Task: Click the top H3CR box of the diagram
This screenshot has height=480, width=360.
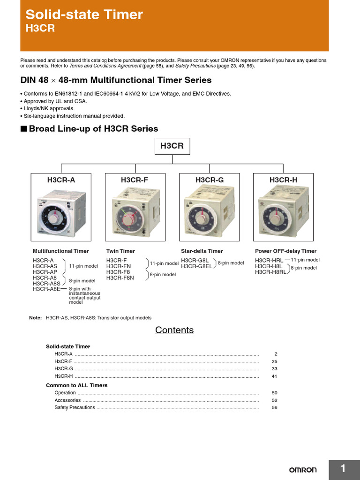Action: pos(172,146)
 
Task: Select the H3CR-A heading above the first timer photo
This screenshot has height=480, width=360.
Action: pos(61,180)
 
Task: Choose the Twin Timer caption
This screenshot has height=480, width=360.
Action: pos(120,251)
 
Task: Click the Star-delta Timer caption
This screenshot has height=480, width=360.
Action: pos(202,251)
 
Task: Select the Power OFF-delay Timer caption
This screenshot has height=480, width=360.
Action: pos(285,251)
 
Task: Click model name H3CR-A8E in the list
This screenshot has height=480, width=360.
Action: pos(46,289)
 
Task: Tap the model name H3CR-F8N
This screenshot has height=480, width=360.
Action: pos(120,278)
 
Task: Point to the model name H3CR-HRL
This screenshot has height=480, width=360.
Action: pos(269,260)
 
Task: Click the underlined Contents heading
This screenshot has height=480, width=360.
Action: pos(174,330)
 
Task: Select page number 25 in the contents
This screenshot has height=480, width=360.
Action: pos(274,361)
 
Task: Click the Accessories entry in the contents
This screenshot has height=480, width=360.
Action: pos(67,400)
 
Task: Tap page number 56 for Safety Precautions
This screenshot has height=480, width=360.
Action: pos(274,408)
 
